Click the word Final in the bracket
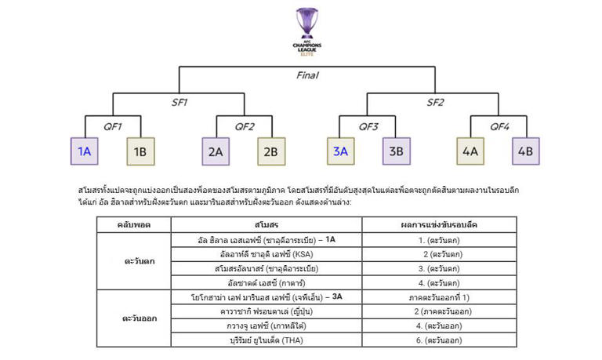pyautogui.click(x=307, y=76)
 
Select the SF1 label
pyautogui.click(x=180, y=103)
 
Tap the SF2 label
pyautogui.click(x=435, y=103)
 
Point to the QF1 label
pyautogui.click(x=112, y=126)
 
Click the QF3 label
pyautogui.click(x=368, y=126)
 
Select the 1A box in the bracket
pyautogui.click(x=84, y=151)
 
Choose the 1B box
pyautogui.click(x=141, y=151)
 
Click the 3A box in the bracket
pyautogui.click(x=340, y=151)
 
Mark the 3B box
pyautogui.click(x=397, y=151)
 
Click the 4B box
pyautogui.click(x=524, y=151)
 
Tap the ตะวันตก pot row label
pyautogui.click(x=138, y=261)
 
